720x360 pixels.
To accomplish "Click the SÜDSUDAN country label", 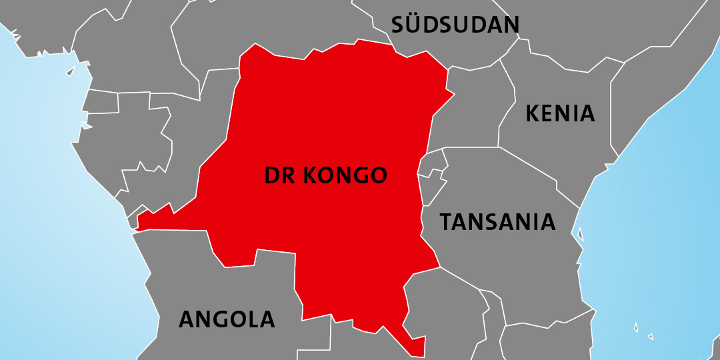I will [x=455, y=25].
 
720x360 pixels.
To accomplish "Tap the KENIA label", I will [x=560, y=113].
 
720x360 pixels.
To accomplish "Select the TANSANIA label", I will [x=497, y=221].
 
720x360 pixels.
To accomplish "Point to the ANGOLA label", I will [x=227, y=319].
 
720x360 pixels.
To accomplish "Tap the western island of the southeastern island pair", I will [x=635, y=328].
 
